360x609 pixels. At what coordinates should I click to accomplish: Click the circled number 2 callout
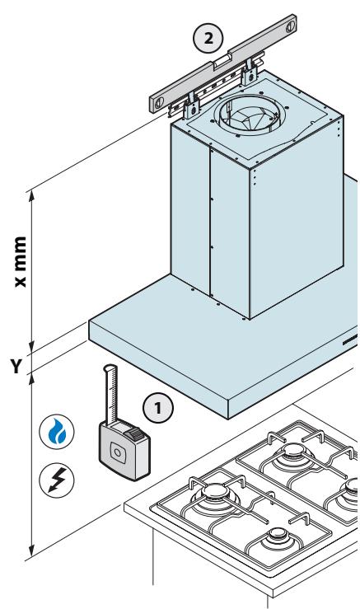pyautogui.click(x=208, y=38)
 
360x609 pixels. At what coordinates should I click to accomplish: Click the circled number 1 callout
pyautogui.click(x=158, y=408)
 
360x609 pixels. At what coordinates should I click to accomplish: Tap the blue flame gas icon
pyautogui.click(x=57, y=432)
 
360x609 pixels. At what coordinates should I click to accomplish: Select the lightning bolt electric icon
pyautogui.click(x=57, y=480)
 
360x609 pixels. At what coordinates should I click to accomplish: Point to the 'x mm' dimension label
pyautogui.click(x=20, y=261)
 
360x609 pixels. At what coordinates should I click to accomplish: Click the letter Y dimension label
pyautogui.click(x=15, y=366)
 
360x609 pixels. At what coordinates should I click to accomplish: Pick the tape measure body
pyautogui.click(x=124, y=450)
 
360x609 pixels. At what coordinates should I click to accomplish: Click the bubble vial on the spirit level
pyautogui.click(x=222, y=62)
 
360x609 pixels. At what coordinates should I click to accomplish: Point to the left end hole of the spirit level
pyautogui.click(x=159, y=103)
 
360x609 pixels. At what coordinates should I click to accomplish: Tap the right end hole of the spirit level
pyautogui.click(x=291, y=27)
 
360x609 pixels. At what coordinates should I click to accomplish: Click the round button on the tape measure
pyautogui.click(x=116, y=452)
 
